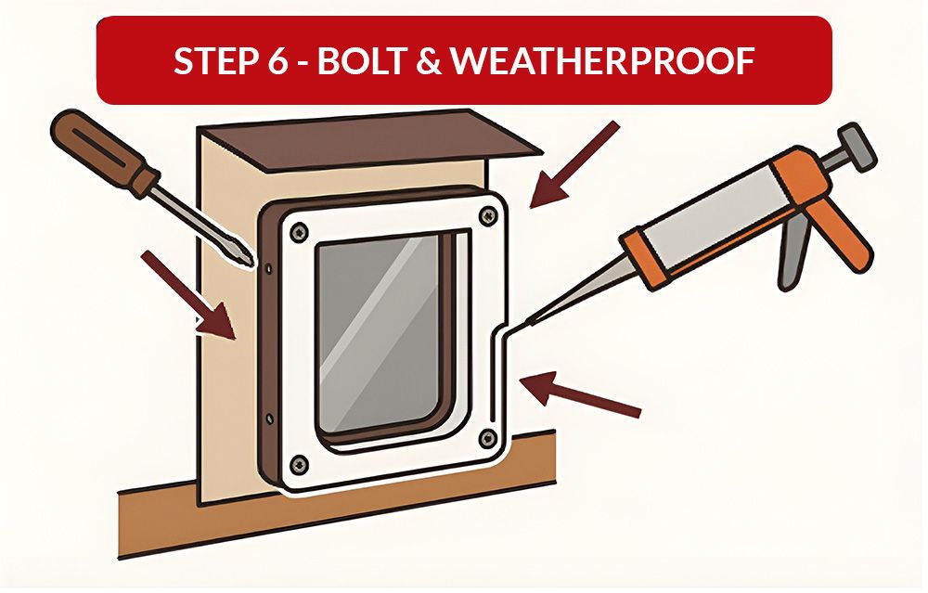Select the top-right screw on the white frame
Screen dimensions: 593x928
click(485, 217)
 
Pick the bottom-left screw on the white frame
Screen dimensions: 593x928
click(297, 463)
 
